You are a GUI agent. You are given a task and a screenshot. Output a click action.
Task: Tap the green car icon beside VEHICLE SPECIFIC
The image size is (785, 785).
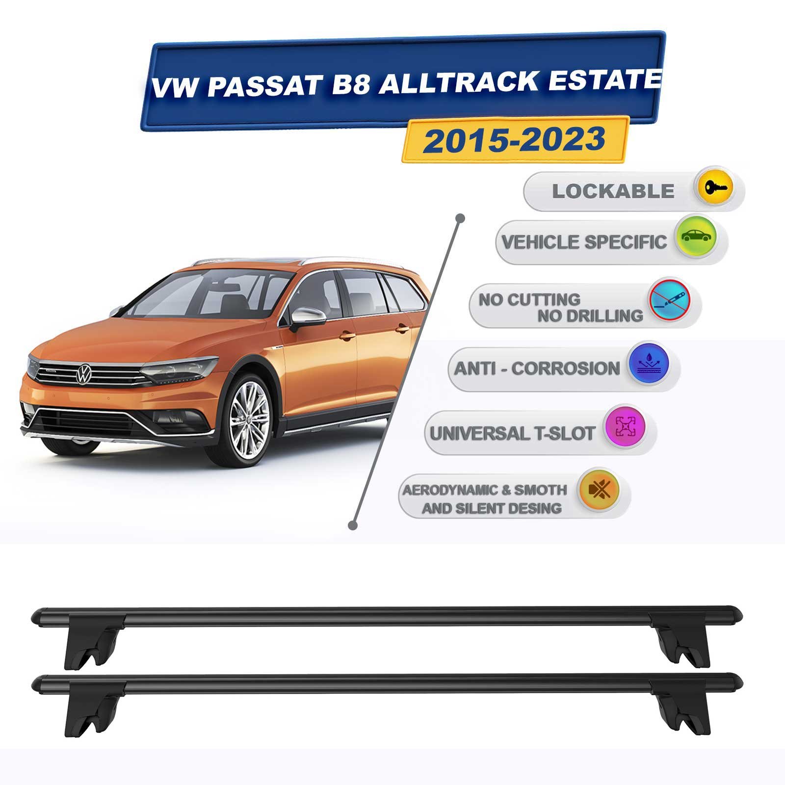(x=696, y=237)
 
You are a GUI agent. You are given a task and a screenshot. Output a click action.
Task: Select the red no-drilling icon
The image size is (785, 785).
(x=669, y=300)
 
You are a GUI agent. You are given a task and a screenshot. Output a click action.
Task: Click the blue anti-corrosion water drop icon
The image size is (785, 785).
(x=648, y=364)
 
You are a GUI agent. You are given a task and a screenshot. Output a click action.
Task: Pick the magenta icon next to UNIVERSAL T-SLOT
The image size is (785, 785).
(x=625, y=427)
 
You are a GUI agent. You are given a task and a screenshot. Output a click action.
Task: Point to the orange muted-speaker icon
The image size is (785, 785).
(x=598, y=490)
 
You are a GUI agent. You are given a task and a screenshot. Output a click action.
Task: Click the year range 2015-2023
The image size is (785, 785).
(x=515, y=139)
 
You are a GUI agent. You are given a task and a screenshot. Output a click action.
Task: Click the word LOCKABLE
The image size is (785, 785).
(x=613, y=191)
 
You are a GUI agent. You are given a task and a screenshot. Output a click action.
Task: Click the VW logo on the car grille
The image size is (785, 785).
(x=84, y=374)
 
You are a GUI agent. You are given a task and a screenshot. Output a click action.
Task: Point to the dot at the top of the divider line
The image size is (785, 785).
(x=460, y=218)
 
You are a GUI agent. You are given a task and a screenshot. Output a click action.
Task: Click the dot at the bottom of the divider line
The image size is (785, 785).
(x=352, y=525)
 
